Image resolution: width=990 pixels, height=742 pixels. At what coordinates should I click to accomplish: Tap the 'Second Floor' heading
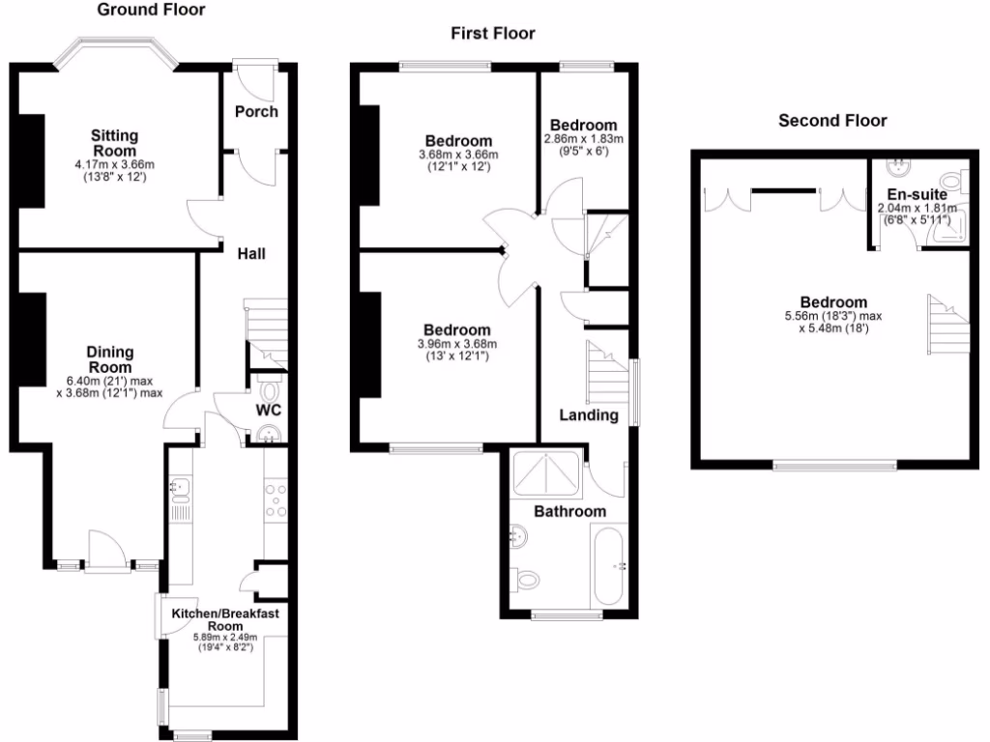[x=832, y=121]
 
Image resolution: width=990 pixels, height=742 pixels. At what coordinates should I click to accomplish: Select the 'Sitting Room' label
[x=115, y=143]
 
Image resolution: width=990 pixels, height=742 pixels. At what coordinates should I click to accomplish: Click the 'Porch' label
[x=256, y=111]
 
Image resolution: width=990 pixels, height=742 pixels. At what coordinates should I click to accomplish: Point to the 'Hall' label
[x=251, y=254]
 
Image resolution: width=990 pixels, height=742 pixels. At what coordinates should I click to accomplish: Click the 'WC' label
[x=268, y=410]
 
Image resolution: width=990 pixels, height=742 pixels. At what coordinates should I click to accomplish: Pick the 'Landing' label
[x=590, y=415]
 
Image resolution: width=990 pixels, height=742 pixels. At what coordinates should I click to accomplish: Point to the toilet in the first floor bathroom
[x=527, y=579]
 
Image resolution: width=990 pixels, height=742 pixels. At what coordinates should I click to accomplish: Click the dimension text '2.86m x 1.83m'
[x=583, y=139]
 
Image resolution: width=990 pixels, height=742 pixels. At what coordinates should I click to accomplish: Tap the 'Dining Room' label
[x=110, y=359]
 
